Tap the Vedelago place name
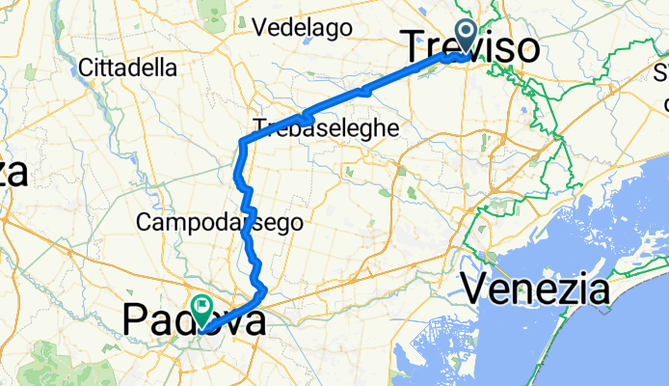(x=301, y=28)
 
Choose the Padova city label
(x=194, y=319)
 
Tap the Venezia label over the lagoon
(x=536, y=287)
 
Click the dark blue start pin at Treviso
(x=467, y=39)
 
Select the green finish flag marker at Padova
(x=202, y=311)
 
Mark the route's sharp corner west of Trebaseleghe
(x=241, y=144)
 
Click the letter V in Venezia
(x=475, y=287)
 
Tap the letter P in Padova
(x=137, y=319)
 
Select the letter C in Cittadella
(x=89, y=69)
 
